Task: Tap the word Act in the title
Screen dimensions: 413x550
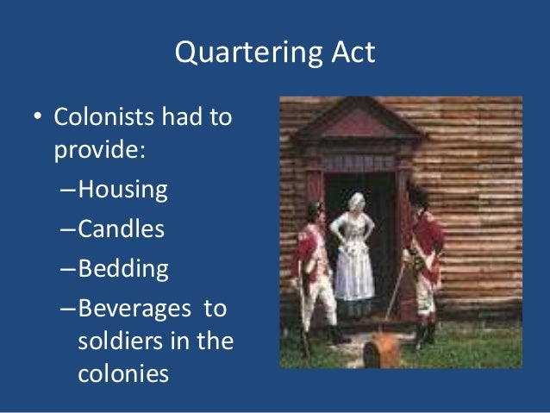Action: point(350,53)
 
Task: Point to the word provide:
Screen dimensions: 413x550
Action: point(98,150)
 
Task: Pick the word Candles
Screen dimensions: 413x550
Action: point(121,229)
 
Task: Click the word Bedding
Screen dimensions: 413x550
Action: point(123,268)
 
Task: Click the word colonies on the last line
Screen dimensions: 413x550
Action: point(109,374)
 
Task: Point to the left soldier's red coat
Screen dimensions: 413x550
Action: point(309,248)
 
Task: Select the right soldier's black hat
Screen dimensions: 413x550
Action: point(418,195)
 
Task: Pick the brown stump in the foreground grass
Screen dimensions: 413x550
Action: point(384,351)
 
